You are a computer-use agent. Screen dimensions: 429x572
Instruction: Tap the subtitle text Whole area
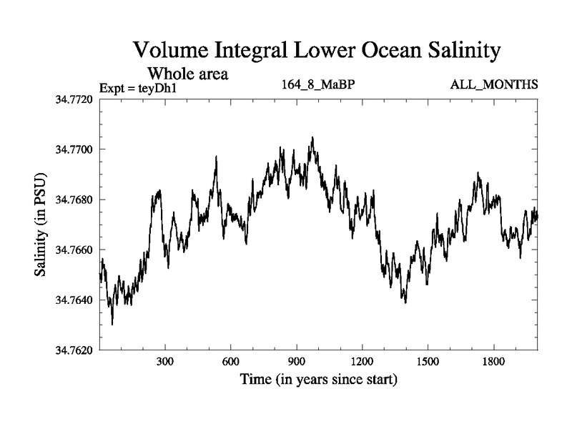[187, 73]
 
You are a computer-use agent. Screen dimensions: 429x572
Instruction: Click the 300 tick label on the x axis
[165, 362]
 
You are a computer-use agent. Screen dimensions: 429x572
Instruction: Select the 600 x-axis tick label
[231, 362]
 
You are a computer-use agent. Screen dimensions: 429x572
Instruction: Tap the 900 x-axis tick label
[296, 362]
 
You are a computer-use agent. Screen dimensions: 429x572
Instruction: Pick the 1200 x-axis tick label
[362, 362]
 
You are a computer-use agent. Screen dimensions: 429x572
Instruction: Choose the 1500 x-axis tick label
[427, 362]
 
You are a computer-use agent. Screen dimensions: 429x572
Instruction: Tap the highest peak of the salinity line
[312, 137]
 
